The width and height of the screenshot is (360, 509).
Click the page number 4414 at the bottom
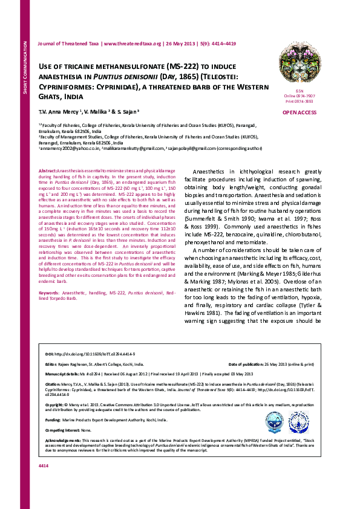pyautogui.click(x=43, y=482)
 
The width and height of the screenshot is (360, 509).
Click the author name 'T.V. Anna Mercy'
pyautogui.click(x=59, y=112)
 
